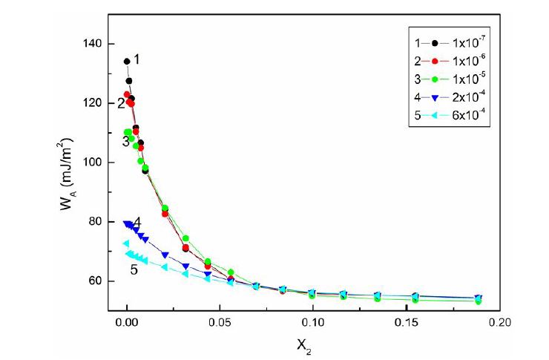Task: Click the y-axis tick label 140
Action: click(x=92, y=44)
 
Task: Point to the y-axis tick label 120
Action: click(x=92, y=103)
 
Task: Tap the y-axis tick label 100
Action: click(x=92, y=163)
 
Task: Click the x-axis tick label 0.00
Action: click(x=127, y=324)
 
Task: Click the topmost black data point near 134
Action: click(x=127, y=62)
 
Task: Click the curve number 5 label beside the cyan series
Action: click(x=134, y=270)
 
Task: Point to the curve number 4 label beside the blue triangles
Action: click(x=137, y=223)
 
